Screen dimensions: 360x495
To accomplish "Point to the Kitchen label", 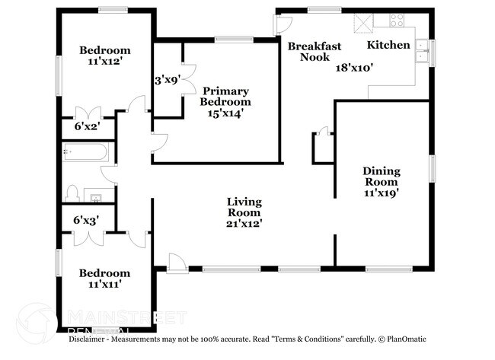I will tap(388, 46).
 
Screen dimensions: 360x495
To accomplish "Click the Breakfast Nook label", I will tap(308, 51).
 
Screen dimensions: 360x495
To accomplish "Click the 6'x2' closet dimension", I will tap(87, 126).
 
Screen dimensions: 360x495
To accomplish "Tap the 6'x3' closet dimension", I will tap(87, 221).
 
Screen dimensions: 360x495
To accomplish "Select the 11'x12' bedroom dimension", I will tap(105, 65).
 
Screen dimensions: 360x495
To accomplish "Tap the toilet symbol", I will tap(72, 192).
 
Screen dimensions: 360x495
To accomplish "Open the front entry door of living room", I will tap(176, 263).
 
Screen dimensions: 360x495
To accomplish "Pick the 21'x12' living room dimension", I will tap(244, 224).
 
